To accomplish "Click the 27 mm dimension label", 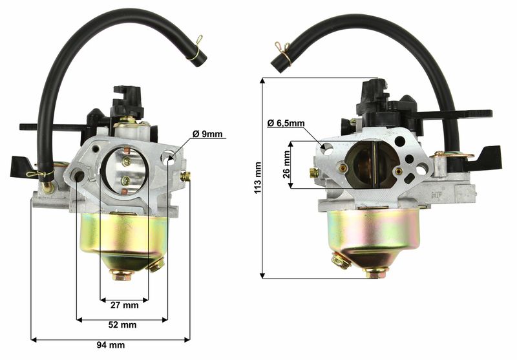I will pyautogui.click(x=124, y=305).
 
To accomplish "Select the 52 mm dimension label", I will pyautogui.click(x=122, y=324).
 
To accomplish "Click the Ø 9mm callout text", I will pyautogui.click(x=207, y=134).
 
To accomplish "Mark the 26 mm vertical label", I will pyautogui.click(x=286, y=165).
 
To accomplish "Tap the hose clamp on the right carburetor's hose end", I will pyautogui.click(x=282, y=47).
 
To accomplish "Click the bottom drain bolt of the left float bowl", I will pyautogui.click(x=120, y=275).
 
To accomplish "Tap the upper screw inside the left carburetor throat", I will pyautogui.click(x=127, y=162).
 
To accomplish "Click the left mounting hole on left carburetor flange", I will pyautogui.click(x=79, y=175).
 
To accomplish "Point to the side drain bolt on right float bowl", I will pyautogui.click(x=340, y=261).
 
